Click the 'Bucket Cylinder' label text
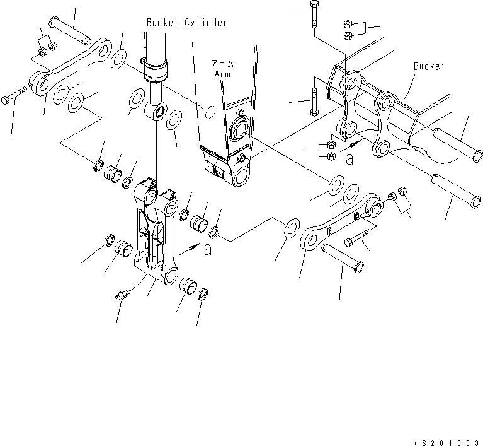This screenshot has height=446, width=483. tap(186, 23)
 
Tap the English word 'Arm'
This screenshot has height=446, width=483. tap(222, 74)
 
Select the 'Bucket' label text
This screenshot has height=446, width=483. tap(429, 66)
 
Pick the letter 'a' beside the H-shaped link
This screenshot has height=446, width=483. tap(207, 250)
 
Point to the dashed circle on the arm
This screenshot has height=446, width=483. tap(212, 112)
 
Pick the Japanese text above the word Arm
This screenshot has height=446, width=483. tap(222, 64)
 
